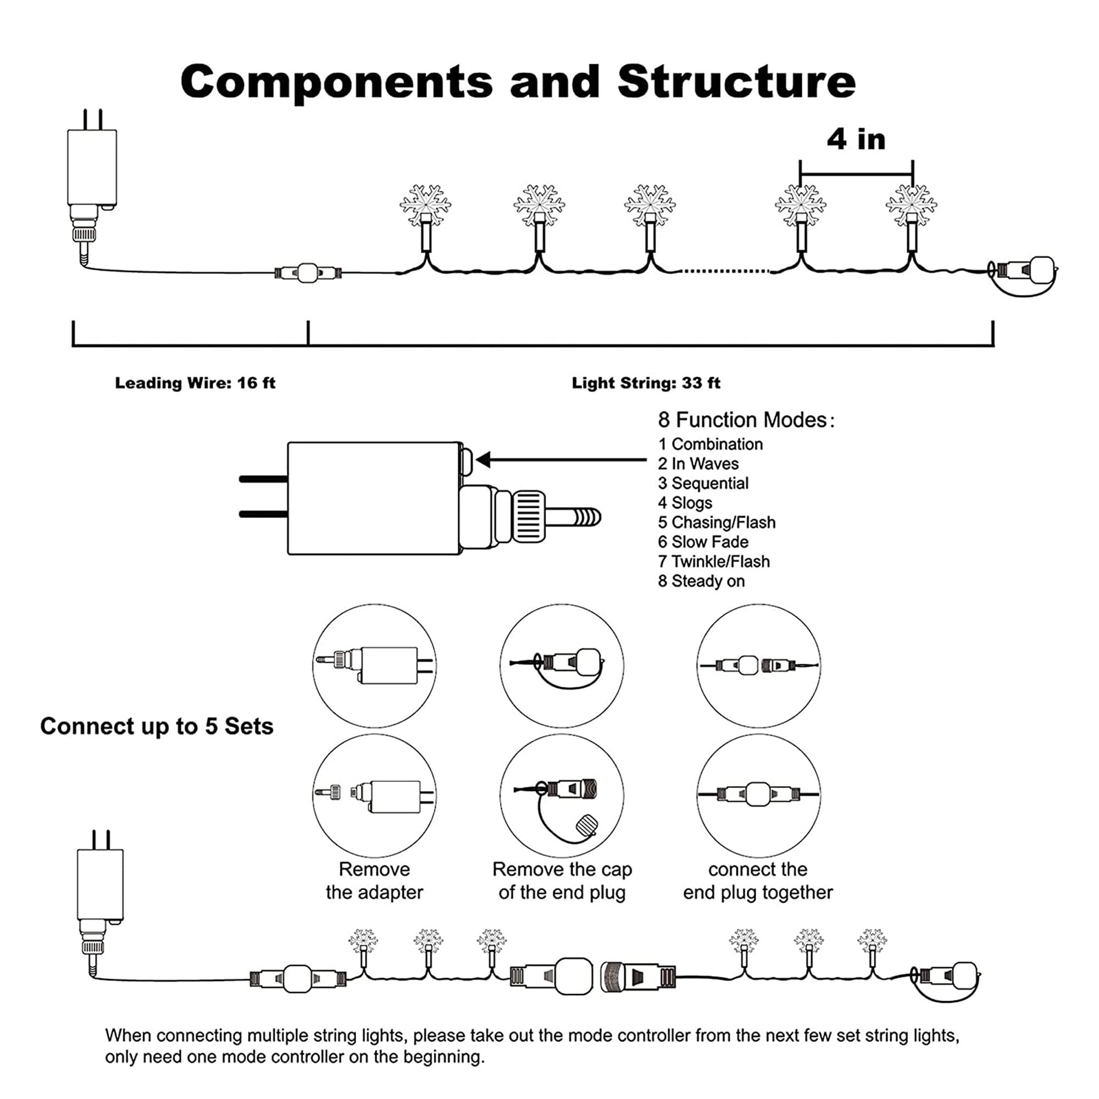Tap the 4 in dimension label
pyautogui.click(x=856, y=140)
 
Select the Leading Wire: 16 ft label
pyautogui.click(x=195, y=383)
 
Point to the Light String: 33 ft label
pyautogui.click(x=646, y=383)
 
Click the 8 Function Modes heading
pyautogui.click(x=746, y=420)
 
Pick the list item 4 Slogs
pyautogui.click(x=685, y=503)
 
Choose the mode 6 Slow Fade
pyautogui.click(x=703, y=542)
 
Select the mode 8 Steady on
pyautogui.click(x=701, y=581)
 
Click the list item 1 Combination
pyautogui.click(x=711, y=444)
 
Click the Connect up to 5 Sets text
pyautogui.click(x=157, y=726)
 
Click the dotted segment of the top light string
pyautogui.click(x=725, y=271)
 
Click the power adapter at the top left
pyautogui.click(x=92, y=168)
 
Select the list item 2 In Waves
pyautogui.click(x=698, y=464)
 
